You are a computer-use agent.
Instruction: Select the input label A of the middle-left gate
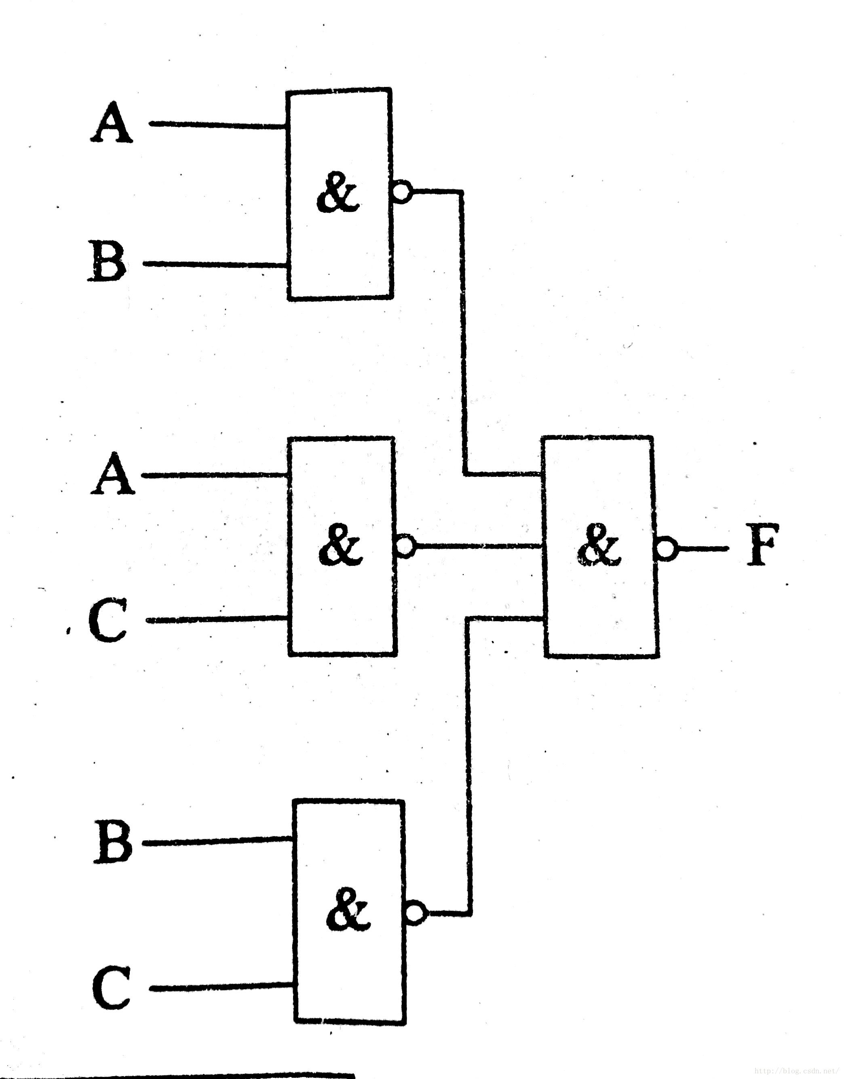coord(112,473)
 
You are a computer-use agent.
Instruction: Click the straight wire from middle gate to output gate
coord(477,546)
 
